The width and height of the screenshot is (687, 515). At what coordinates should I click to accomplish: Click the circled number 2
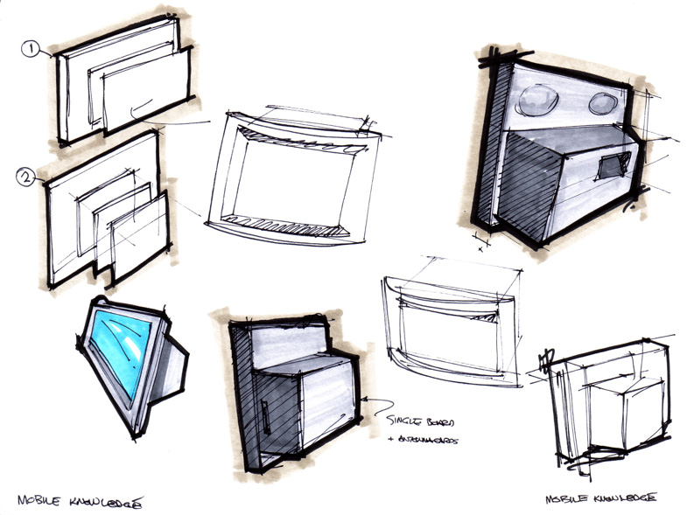pos(27,179)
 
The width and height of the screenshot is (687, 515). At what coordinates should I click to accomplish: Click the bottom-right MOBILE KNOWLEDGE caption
pos(601,498)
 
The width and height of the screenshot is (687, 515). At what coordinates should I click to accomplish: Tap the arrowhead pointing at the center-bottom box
pos(370,402)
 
